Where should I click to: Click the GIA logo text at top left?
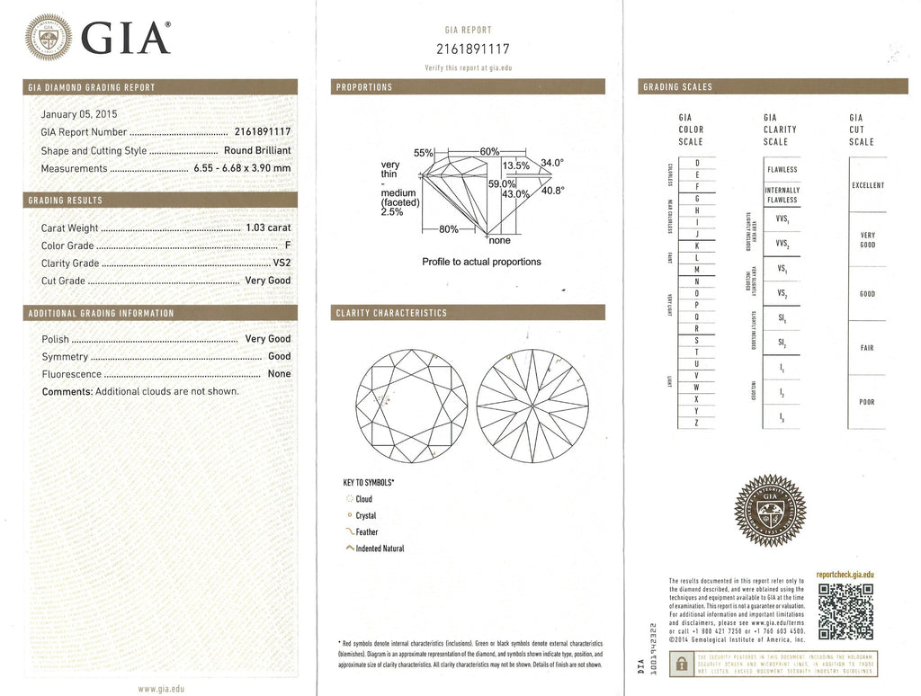point(125,37)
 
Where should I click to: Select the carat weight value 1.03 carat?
point(268,228)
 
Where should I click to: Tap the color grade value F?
point(287,245)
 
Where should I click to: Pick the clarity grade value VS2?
point(282,263)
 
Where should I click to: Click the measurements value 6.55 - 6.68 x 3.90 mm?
point(242,168)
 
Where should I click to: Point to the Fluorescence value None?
point(279,374)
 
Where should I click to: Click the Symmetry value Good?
point(279,357)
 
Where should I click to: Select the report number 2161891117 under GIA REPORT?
point(471,49)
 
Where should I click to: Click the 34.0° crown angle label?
point(551,163)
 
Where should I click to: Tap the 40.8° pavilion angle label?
point(551,191)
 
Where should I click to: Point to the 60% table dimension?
point(489,151)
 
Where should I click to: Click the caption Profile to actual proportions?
point(481,262)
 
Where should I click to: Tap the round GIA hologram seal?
point(770,511)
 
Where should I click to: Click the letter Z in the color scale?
point(697,423)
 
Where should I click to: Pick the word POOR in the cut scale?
point(866,402)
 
